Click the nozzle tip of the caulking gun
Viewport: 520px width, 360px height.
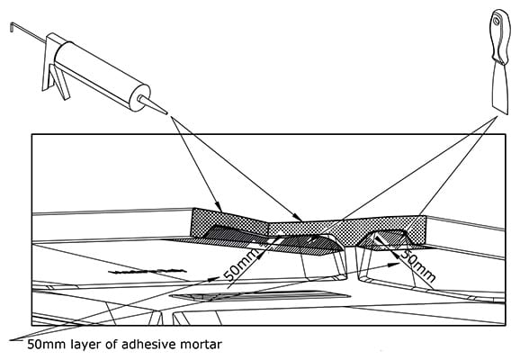166,113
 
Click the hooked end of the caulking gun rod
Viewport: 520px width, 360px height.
13,26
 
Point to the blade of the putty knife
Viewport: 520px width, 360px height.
500,87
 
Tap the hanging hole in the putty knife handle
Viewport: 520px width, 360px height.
496,22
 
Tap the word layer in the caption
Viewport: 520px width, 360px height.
86,345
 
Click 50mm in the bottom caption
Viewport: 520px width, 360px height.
46,345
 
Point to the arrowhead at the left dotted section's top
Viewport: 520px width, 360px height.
219,206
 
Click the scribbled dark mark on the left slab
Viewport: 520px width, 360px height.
147,272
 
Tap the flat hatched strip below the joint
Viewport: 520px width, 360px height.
260,296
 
